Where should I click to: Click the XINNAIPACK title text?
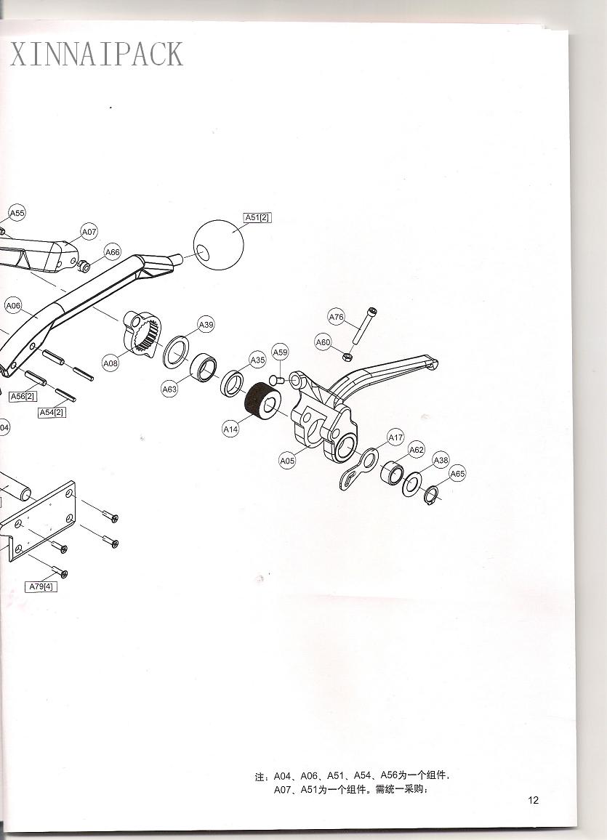(97, 54)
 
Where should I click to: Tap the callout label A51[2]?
(257, 217)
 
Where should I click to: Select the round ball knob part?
(218, 244)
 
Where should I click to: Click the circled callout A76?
(336, 317)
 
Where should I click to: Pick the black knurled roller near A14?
(261, 400)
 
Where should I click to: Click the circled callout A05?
(287, 460)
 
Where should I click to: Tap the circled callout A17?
(395, 437)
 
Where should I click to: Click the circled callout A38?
(441, 460)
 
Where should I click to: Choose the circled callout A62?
(417, 450)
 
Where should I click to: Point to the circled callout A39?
(206, 325)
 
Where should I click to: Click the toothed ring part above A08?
(142, 334)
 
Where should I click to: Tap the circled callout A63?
(169, 389)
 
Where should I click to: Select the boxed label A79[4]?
(41, 586)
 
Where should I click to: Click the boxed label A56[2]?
(23, 397)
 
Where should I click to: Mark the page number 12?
(533, 800)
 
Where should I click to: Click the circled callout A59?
(280, 352)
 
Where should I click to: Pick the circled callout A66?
(113, 252)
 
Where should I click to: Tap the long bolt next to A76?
(363, 327)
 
